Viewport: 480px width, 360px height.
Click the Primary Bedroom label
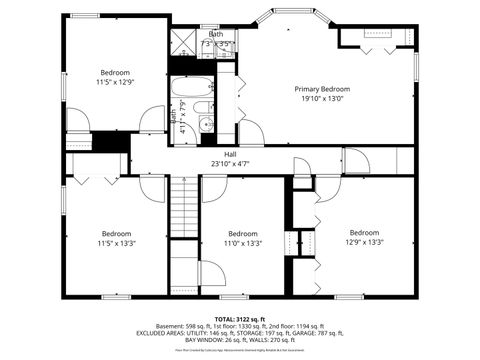[x=321, y=89]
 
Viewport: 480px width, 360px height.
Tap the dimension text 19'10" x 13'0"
[x=321, y=99]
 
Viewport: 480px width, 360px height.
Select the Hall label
[x=230, y=154]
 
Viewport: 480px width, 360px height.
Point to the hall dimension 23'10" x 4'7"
[x=230, y=164]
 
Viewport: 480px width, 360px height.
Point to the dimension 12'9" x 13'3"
[x=364, y=242]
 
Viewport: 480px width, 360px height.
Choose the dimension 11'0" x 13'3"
[x=242, y=243]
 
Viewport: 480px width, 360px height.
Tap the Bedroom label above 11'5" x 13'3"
[x=116, y=233]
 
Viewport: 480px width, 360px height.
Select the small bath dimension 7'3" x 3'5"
[x=217, y=44]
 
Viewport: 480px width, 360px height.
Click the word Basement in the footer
[x=171, y=326]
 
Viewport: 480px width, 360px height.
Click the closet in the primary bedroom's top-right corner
[x=375, y=37]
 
